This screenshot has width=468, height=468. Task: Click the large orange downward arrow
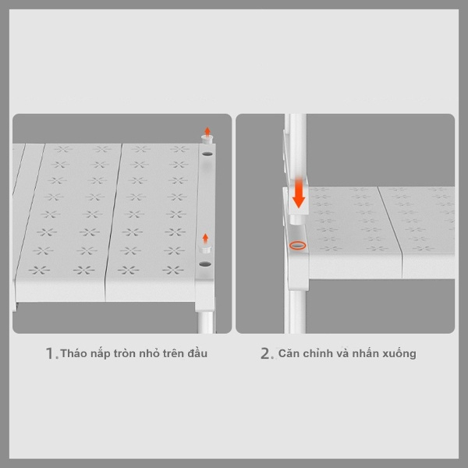point(299,193)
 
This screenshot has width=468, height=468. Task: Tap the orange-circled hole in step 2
point(298,246)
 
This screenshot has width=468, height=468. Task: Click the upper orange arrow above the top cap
point(207,131)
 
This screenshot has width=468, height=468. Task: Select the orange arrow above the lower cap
point(205,238)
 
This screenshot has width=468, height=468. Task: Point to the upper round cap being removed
point(207,140)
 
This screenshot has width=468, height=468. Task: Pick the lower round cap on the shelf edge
point(205,248)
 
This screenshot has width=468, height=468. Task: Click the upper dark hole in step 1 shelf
point(207,154)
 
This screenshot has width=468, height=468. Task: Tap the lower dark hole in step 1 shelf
point(204,264)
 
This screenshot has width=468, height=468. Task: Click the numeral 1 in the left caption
point(50,353)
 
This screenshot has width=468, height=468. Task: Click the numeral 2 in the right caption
point(266,353)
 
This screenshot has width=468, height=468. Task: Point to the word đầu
point(197,353)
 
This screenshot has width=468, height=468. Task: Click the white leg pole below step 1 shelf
point(205,322)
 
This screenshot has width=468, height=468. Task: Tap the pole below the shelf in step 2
point(297,312)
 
